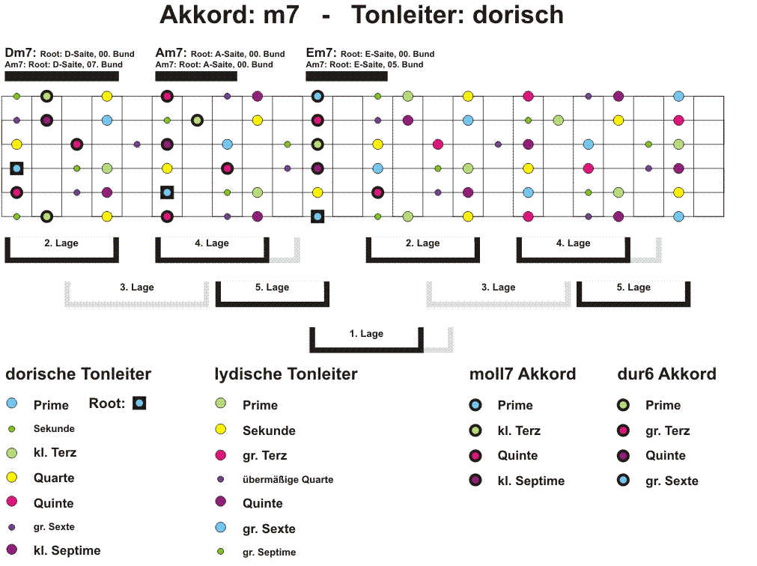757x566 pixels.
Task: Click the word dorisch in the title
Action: [518, 15]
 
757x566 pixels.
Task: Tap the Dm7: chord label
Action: [20, 52]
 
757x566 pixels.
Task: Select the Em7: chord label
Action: [321, 52]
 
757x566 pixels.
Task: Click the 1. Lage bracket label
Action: [366, 333]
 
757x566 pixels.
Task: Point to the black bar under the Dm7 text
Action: [62, 76]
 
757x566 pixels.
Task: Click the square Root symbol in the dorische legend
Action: [139, 403]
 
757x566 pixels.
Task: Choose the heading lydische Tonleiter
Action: [286, 374]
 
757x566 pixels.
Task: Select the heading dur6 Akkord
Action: [666, 374]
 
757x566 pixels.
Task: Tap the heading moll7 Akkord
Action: [523, 374]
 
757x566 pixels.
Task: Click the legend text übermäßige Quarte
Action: [288, 480]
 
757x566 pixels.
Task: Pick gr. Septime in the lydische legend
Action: [269, 552]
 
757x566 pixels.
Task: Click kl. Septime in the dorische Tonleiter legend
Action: [67, 550]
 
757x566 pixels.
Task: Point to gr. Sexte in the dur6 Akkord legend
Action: [672, 481]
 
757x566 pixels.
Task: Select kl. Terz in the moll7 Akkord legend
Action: [519, 430]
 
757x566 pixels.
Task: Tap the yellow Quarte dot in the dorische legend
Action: [11, 477]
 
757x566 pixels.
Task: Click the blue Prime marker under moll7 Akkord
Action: [475, 405]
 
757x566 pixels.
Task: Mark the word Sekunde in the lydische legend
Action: [269, 430]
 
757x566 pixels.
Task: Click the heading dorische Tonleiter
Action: [78, 374]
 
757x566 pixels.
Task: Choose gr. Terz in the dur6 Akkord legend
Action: [667, 430]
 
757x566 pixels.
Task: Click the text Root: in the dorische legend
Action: [107, 404]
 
